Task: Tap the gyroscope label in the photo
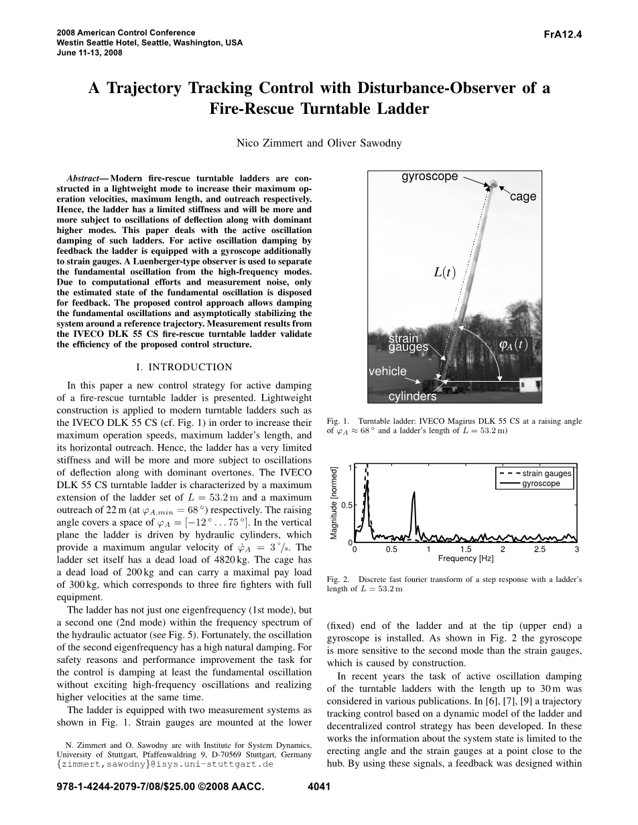pyautogui.click(x=430, y=177)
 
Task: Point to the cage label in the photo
pyautogui.click(x=523, y=197)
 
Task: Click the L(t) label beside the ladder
pyautogui.click(x=444, y=273)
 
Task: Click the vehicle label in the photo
pyautogui.click(x=387, y=371)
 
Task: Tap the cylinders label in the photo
pyautogui.click(x=412, y=396)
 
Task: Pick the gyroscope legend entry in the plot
pyautogui.click(x=541, y=483)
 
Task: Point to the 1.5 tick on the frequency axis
pyautogui.click(x=465, y=550)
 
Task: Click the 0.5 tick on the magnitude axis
pyautogui.click(x=346, y=506)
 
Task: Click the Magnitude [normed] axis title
pyautogui.click(x=334, y=502)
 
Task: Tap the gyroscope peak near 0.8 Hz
pyautogui.click(x=414, y=494)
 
